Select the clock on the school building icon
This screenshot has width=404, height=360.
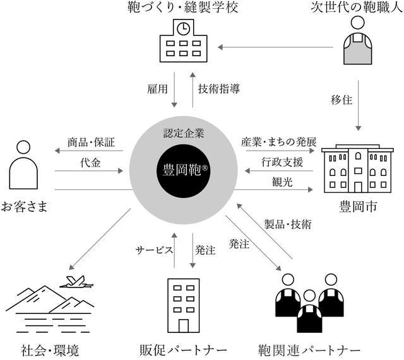[182, 29]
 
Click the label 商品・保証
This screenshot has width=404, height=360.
[91, 142]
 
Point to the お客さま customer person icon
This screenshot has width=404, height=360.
[23, 170]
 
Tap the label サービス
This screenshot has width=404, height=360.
[155, 250]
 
